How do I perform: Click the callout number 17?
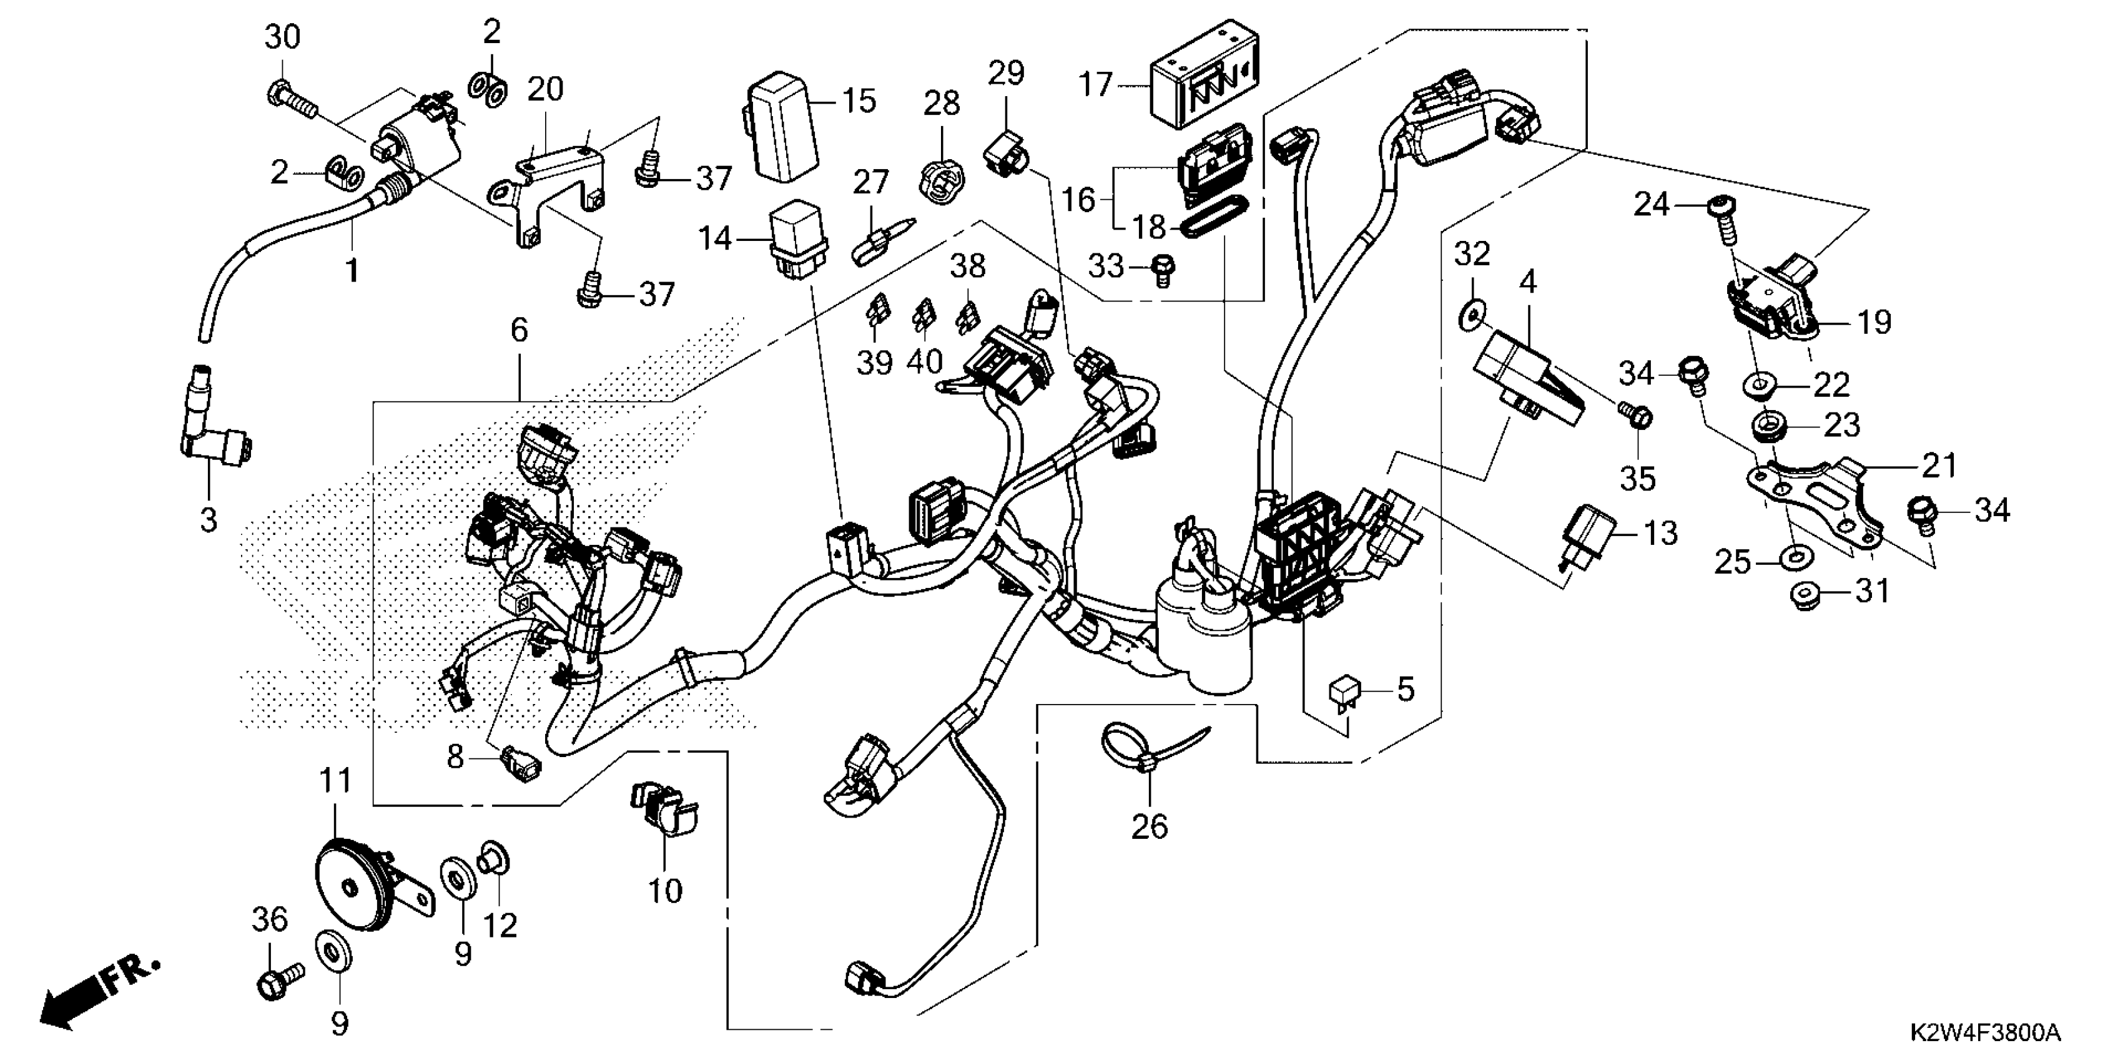(1096, 85)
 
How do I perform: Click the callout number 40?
(925, 361)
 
